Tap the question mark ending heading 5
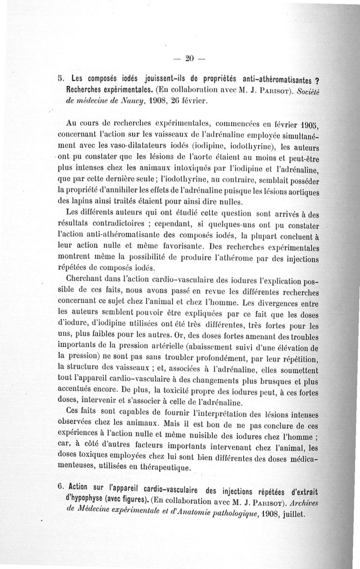(316, 81)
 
